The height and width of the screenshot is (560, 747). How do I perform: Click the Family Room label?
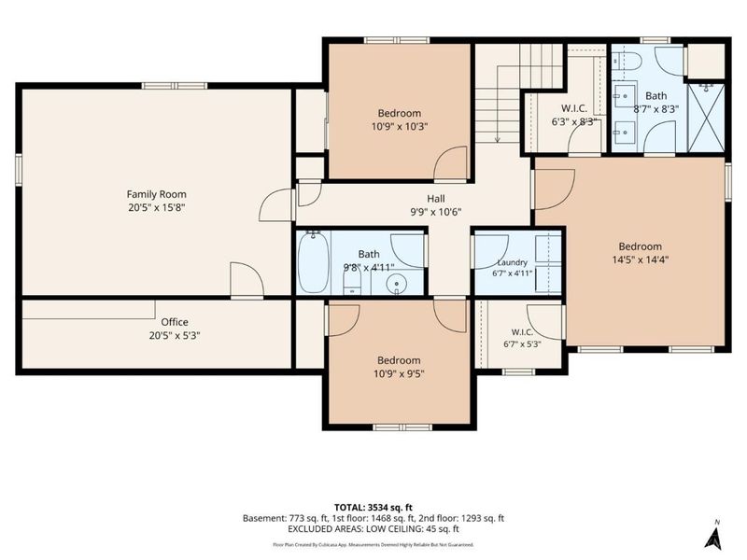(x=156, y=194)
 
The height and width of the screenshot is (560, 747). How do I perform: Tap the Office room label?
(x=175, y=322)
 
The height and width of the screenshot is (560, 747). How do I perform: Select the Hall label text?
(x=436, y=199)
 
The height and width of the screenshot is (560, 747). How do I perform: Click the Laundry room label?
(x=512, y=262)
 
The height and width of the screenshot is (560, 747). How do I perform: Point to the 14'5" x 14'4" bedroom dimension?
(x=641, y=259)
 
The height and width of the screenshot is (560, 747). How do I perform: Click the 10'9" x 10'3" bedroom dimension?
(x=400, y=126)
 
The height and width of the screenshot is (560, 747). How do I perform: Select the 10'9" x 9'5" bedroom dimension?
(x=399, y=373)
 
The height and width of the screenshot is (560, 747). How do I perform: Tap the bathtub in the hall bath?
(x=314, y=262)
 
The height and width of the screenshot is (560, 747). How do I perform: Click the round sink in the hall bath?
(x=396, y=285)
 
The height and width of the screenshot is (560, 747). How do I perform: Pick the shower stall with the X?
(x=706, y=119)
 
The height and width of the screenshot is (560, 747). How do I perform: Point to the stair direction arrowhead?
(x=498, y=139)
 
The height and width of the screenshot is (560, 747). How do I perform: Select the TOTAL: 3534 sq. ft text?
(x=373, y=507)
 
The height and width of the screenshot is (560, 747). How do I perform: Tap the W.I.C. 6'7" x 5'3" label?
(x=523, y=338)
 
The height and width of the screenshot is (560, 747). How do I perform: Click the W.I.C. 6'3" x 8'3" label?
(x=574, y=115)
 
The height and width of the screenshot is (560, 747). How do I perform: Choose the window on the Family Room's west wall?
(x=18, y=170)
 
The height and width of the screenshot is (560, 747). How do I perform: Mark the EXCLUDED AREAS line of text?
(x=373, y=529)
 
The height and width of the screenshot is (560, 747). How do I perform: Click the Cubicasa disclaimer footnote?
(x=373, y=544)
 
